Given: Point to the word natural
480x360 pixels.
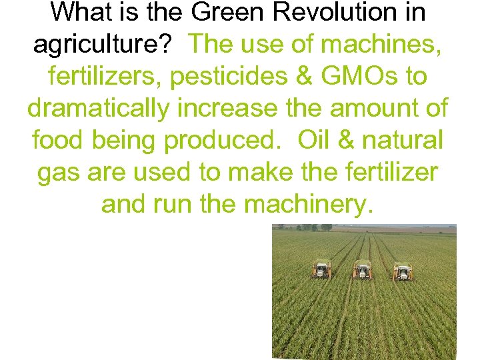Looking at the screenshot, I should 405,141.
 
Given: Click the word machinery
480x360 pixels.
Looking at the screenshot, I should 306,205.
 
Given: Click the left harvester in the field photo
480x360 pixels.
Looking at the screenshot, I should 321,269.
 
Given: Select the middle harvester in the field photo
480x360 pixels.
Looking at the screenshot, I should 362,270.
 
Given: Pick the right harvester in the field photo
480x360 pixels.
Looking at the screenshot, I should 402,271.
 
